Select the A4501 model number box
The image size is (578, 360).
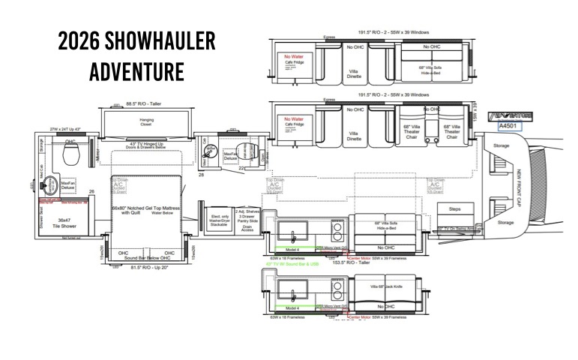pos(511,127)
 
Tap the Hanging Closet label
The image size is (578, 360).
pos(146,122)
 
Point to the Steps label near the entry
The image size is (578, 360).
pos(454,210)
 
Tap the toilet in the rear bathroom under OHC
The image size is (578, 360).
pos(72,154)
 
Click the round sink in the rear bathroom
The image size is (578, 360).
pos(51,184)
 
